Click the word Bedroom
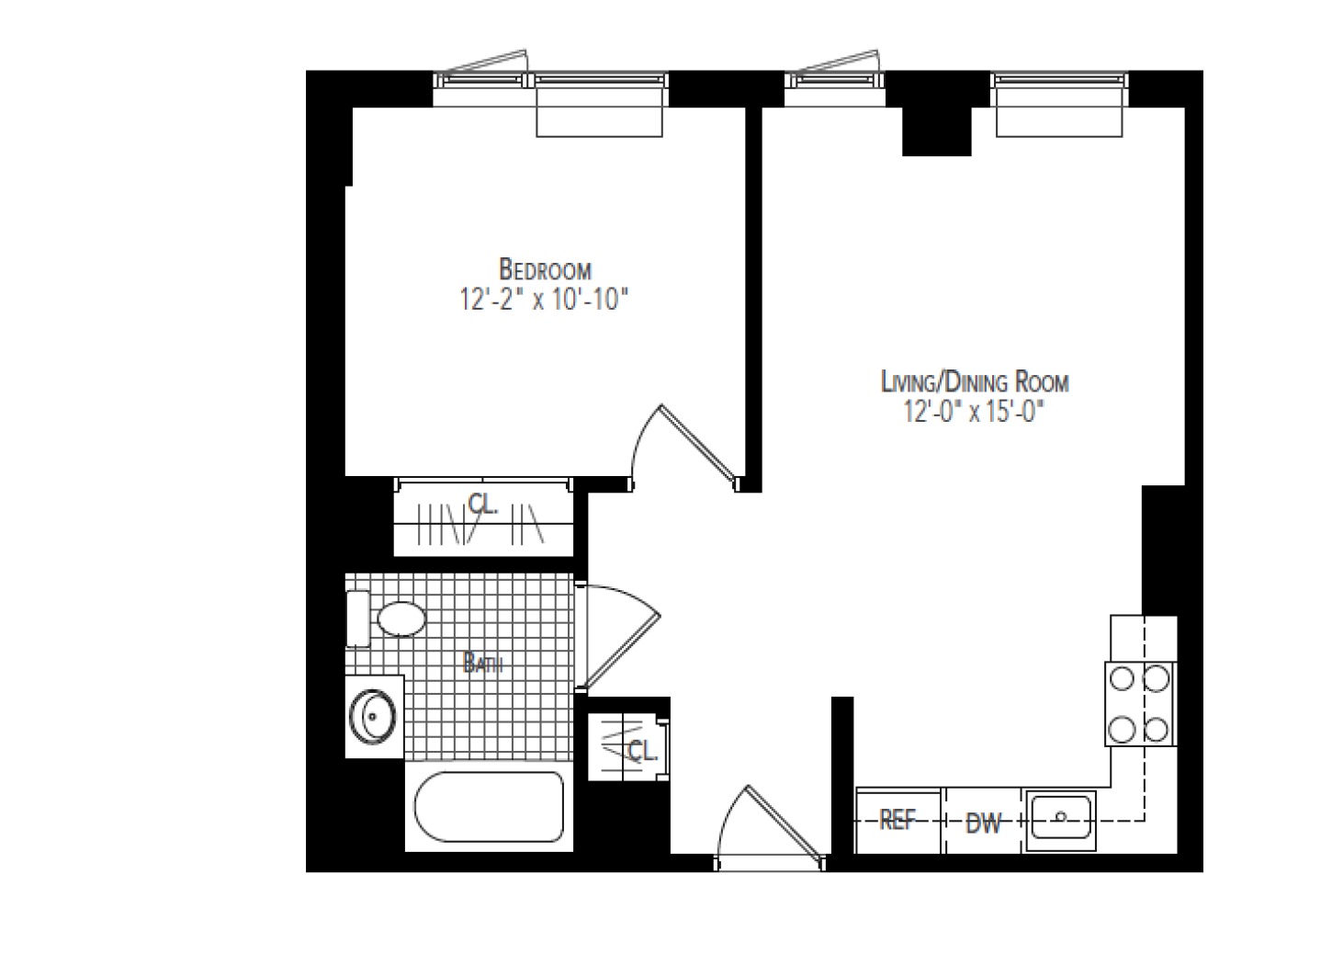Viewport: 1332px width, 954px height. pyautogui.click(x=544, y=270)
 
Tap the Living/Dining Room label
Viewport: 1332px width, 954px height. pyautogui.click(x=974, y=381)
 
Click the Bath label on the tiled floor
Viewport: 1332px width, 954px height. pyautogui.click(x=482, y=663)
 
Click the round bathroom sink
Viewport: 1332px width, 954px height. pyautogui.click(x=373, y=715)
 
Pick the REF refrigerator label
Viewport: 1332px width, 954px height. pyautogui.click(x=897, y=820)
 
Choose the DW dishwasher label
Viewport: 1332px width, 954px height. pyautogui.click(x=983, y=823)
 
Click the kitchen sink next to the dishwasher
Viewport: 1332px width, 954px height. pyautogui.click(x=1060, y=816)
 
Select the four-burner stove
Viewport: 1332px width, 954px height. pyautogui.click(x=1140, y=704)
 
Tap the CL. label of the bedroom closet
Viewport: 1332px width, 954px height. pyautogui.click(x=483, y=504)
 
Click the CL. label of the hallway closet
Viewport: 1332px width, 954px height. pyautogui.click(x=643, y=751)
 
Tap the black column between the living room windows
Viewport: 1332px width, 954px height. pyautogui.click(x=937, y=124)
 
